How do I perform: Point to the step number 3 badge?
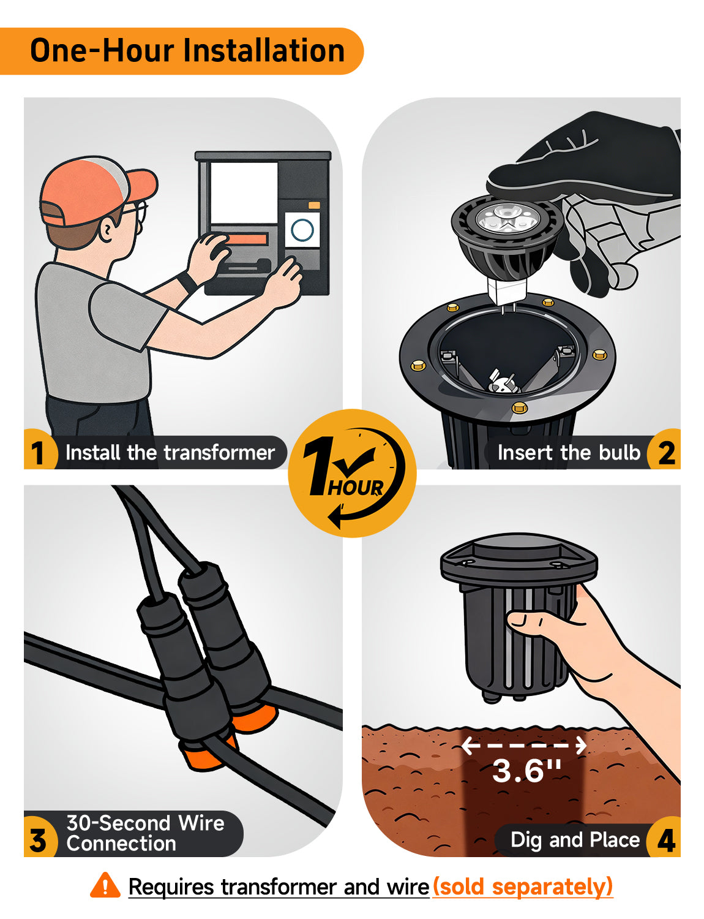[39, 840]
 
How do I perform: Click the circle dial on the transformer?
[302, 230]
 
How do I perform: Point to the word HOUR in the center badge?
[355, 488]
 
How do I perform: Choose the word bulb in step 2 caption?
[620, 453]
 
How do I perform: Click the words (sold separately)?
[523, 887]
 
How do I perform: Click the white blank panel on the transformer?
[244, 192]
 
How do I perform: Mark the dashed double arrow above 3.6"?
[524, 745]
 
